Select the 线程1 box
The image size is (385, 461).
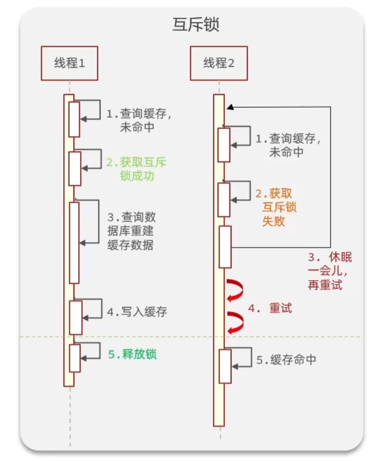[x=69, y=63]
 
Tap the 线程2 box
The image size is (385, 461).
[x=218, y=63]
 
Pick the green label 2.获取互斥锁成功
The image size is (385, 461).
[x=136, y=170]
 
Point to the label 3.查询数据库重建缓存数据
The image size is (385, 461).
[x=131, y=231]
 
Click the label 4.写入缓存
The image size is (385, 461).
[x=137, y=312]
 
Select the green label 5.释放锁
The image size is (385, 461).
[x=132, y=354]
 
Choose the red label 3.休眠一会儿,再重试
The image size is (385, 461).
[x=329, y=271]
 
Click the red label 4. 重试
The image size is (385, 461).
[x=270, y=309]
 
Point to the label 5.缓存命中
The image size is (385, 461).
[x=286, y=360]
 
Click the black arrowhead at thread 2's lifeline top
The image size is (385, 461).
[x=230, y=107]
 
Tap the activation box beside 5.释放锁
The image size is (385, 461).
[x=75, y=358]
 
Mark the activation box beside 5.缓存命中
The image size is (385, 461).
[x=225, y=366]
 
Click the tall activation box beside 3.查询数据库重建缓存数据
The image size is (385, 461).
[x=74, y=242]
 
